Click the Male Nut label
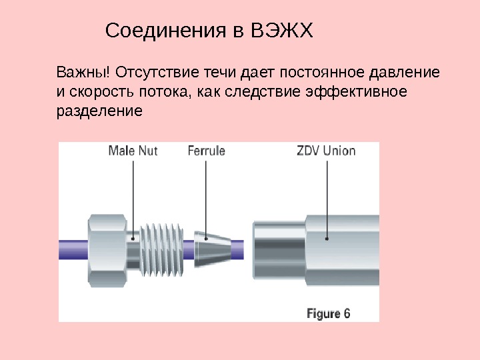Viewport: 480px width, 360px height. pyautogui.click(x=133, y=151)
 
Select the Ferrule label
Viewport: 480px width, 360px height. pyautogui.click(x=207, y=151)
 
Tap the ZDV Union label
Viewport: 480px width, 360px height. pyautogui.click(x=326, y=151)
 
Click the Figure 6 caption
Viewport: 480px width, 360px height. pyautogui.click(x=328, y=313)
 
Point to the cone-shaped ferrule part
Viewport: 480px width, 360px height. pyautogui.click(x=212, y=245)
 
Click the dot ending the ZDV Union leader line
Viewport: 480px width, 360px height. pyautogui.click(x=327, y=237)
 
